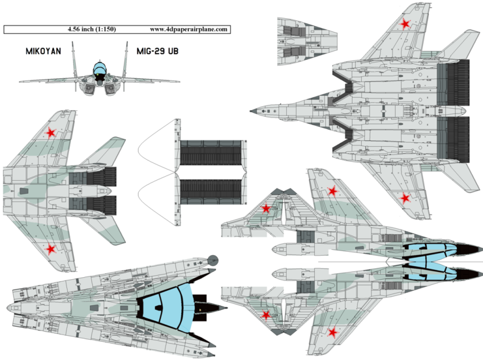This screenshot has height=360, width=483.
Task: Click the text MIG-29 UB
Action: click(x=158, y=50)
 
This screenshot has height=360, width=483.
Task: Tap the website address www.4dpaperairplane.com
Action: click(x=188, y=29)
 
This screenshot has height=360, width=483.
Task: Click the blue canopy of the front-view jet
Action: click(x=99, y=67)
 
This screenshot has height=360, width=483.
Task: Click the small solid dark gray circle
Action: click(x=212, y=259)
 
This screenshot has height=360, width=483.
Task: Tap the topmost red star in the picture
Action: click(x=405, y=25)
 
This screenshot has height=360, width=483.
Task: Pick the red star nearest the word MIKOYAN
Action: click(x=50, y=134)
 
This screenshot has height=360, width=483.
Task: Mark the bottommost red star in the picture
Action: click(x=332, y=333)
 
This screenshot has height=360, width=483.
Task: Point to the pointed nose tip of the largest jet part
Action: click(x=252, y=111)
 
